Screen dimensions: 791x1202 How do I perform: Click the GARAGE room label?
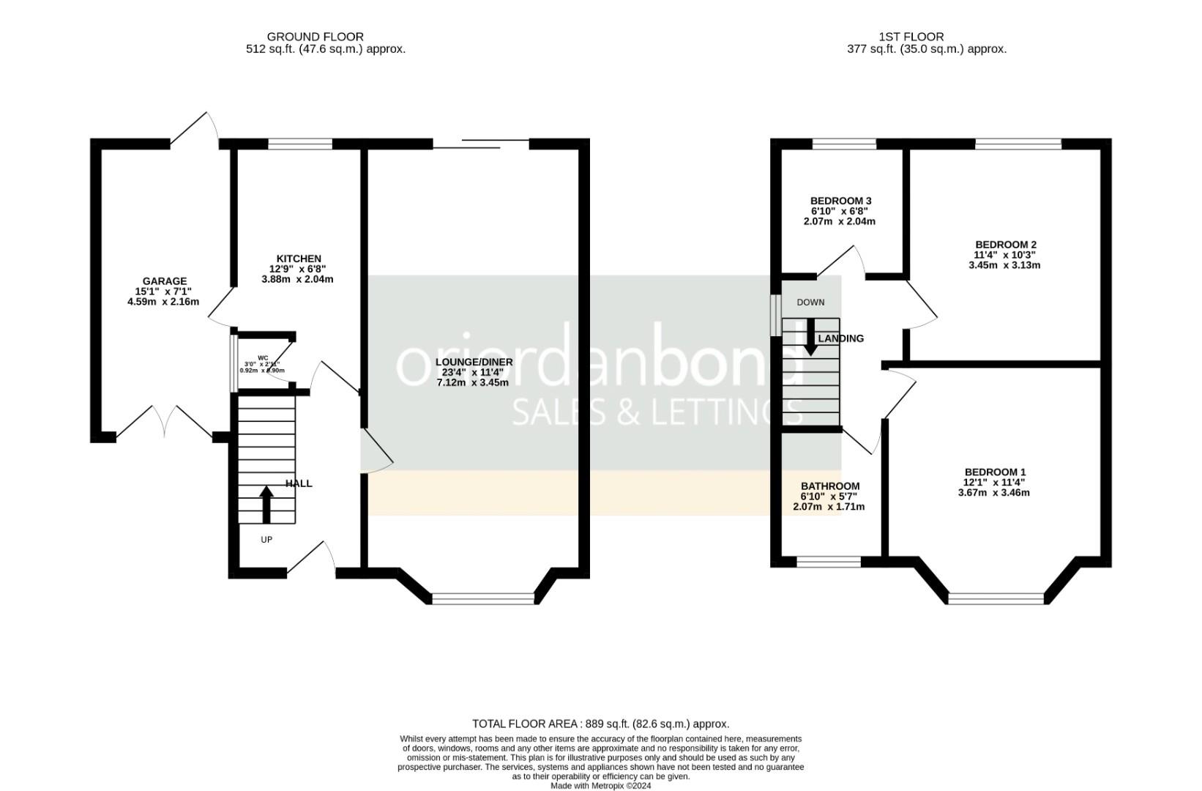pyautogui.click(x=164, y=281)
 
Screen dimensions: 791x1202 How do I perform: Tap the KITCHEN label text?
pyautogui.click(x=298, y=259)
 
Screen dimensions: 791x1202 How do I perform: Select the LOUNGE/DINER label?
pyautogui.click(x=474, y=362)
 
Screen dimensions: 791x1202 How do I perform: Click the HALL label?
pyautogui.click(x=299, y=483)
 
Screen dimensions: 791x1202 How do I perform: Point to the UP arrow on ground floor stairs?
pyautogui.click(x=266, y=505)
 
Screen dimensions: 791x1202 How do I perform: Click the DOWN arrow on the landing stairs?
pyautogui.click(x=810, y=338)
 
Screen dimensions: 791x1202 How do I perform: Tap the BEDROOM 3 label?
pyautogui.click(x=840, y=201)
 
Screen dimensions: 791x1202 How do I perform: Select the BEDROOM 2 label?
pyautogui.click(x=1006, y=245)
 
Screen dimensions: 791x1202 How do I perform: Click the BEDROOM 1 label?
pyautogui.click(x=995, y=472)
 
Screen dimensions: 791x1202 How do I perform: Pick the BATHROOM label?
pyautogui.click(x=829, y=486)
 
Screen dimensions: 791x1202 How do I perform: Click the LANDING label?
pyautogui.click(x=841, y=338)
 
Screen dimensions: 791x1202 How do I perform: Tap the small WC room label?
pyautogui.click(x=263, y=357)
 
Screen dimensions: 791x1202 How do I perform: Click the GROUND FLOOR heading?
pyautogui.click(x=315, y=37)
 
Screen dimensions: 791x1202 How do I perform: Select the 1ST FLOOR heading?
pyautogui.click(x=911, y=37)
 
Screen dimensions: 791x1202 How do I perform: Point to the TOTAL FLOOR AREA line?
pyautogui.click(x=600, y=724)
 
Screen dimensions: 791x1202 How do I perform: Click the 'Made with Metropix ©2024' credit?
pyautogui.click(x=600, y=786)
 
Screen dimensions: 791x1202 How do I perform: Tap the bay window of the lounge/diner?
pyautogui.click(x=483, y=599)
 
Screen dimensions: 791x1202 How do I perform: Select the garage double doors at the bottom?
pyautogui.click(x=165, y=425)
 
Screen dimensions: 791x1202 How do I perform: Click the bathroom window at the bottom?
pyautogui.click(x=829, y=562)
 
